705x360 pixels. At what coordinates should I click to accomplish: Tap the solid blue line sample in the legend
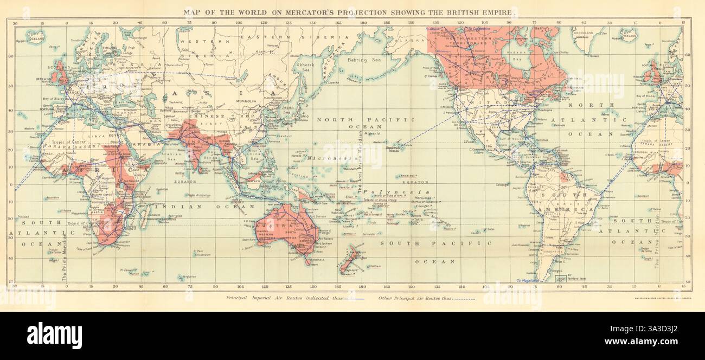coord(354,298)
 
